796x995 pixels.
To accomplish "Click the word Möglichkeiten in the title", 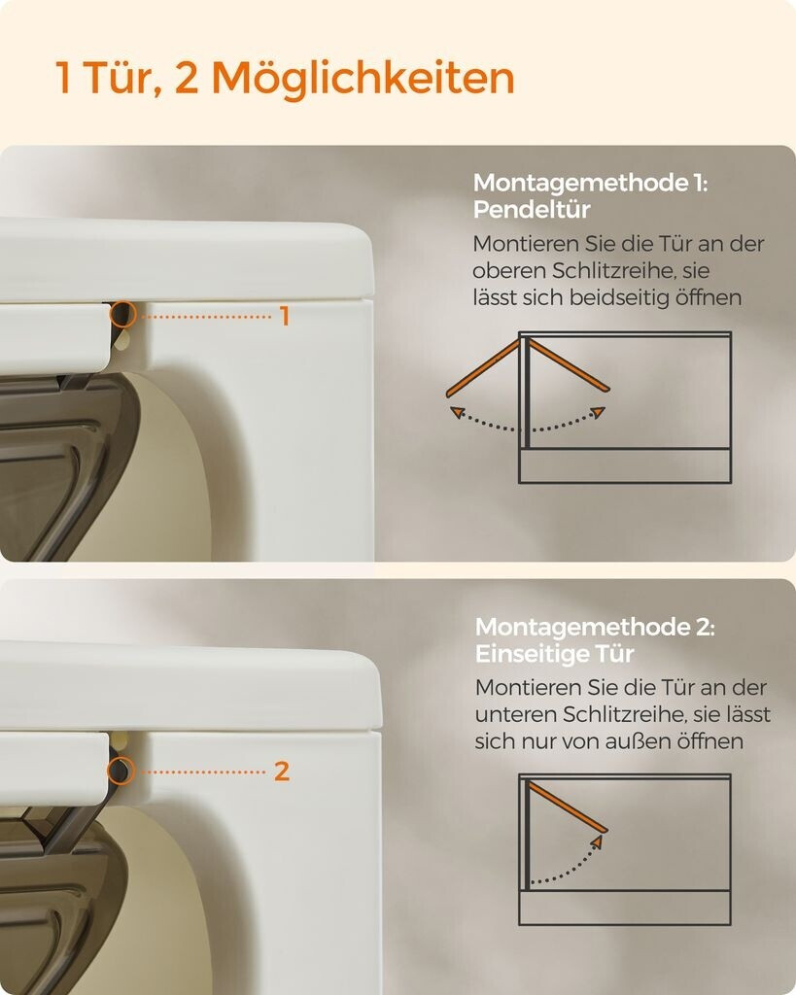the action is (x=363, y=80).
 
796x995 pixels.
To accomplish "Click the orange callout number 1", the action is (x=285, y=316).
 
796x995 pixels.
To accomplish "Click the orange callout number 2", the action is (x=282, y=772).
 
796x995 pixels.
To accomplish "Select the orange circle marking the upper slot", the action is (x=122, y=314).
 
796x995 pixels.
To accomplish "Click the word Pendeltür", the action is (x=532, y=210).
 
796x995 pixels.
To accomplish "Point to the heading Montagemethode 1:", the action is (x=590, y=183).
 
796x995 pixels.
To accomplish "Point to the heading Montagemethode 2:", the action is (x=595, y=627).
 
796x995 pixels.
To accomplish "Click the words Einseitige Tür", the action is (x=554, y=654).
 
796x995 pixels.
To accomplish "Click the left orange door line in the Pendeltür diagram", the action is (x=483, y=368).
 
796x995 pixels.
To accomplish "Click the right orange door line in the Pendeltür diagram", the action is (x=569, y=365).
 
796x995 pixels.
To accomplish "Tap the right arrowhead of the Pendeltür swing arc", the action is (x=599, y=413).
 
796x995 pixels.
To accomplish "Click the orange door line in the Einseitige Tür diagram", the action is (x=568, y=806).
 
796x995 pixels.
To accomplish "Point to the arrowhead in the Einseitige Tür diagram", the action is (x=596, y=841).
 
